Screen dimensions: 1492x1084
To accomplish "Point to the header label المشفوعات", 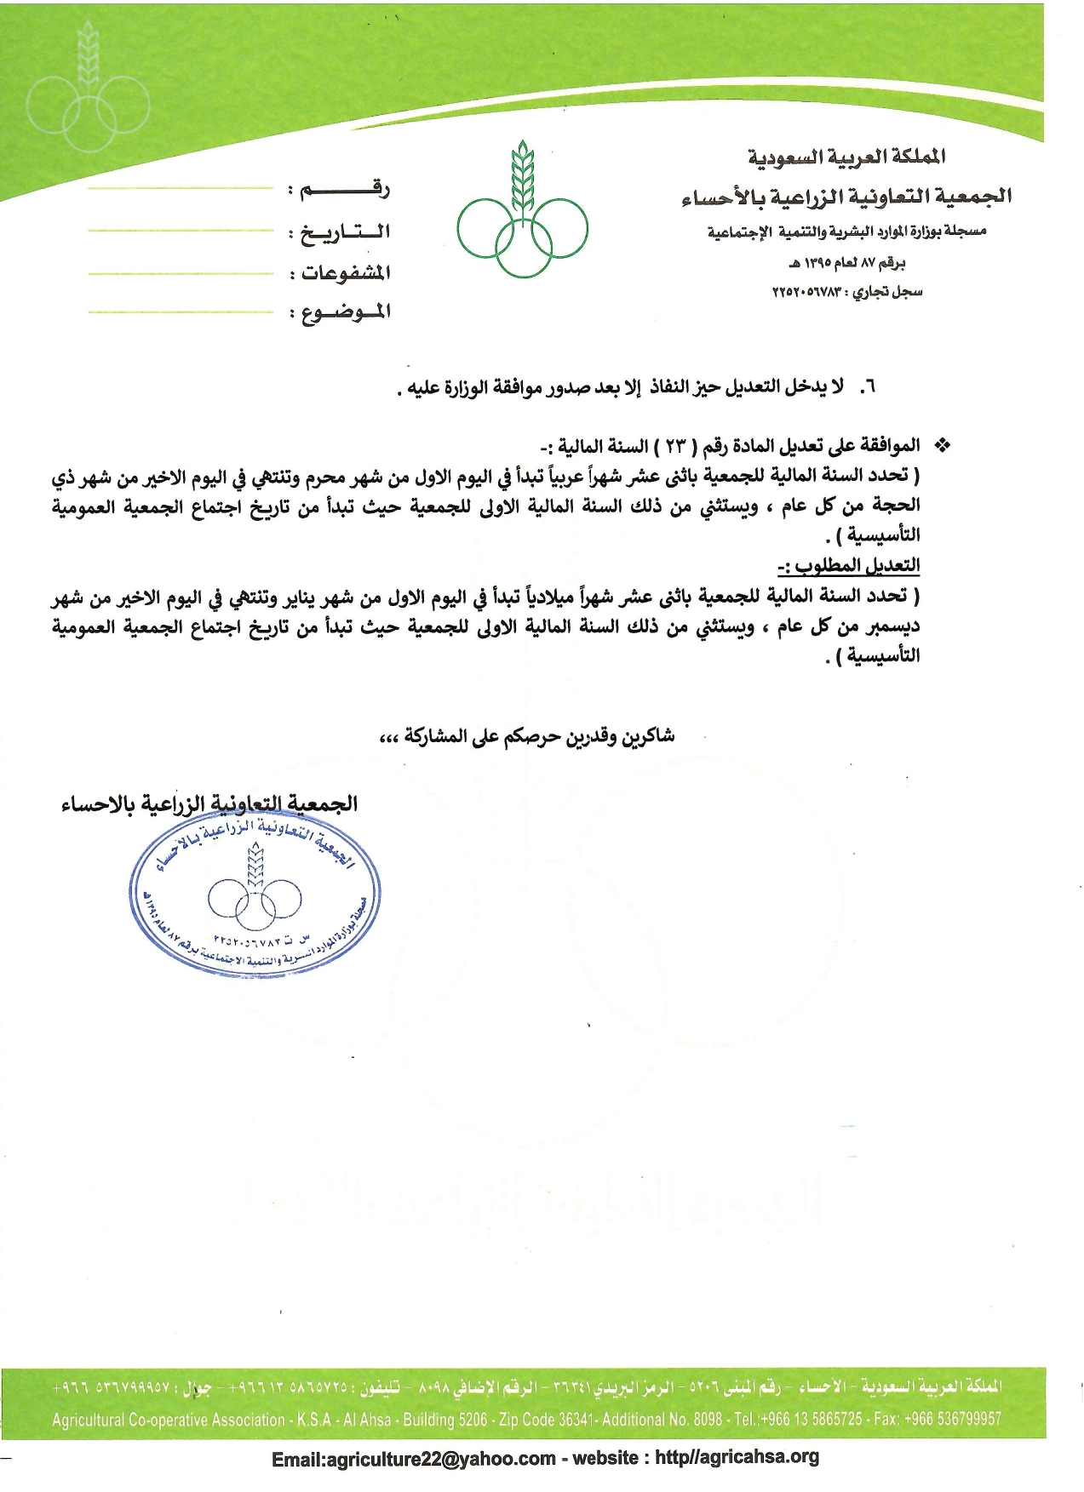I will click(x=346, y=272).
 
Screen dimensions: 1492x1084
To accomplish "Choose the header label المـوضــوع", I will click(x=346, y=312).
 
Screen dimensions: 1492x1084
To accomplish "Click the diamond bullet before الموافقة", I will click(x=943, y=445).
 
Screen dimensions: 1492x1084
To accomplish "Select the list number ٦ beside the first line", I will click(x=868, y=387).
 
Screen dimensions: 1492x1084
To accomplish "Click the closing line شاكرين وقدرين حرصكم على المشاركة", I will click(x=528, y=736).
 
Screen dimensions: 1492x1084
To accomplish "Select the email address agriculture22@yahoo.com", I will click(x=414, y=1459).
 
